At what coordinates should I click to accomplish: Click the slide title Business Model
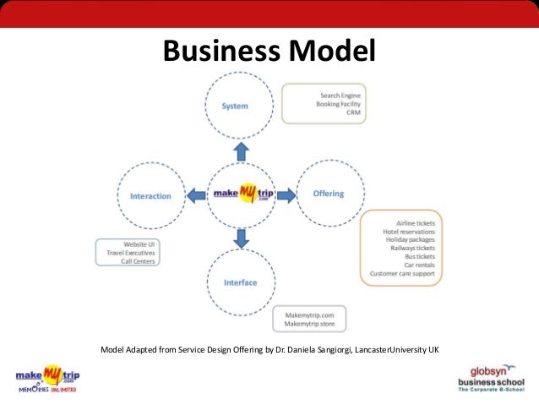click(269, 52)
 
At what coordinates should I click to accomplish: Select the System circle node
click(235, 107)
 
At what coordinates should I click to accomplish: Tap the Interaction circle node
click(150, 196)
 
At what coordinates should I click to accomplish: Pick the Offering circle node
click(328, 194)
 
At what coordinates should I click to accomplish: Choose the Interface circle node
click(240, 282)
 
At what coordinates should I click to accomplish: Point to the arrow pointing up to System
click(241, 151)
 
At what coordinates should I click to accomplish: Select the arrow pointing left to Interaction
click(195, 196)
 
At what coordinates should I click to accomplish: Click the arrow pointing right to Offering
click(286, 194)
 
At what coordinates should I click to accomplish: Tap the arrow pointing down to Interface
click(241, 238)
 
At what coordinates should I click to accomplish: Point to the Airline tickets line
click(416, 223)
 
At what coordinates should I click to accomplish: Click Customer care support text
click(403, 274)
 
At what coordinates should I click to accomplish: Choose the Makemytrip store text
click(310, 324)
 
